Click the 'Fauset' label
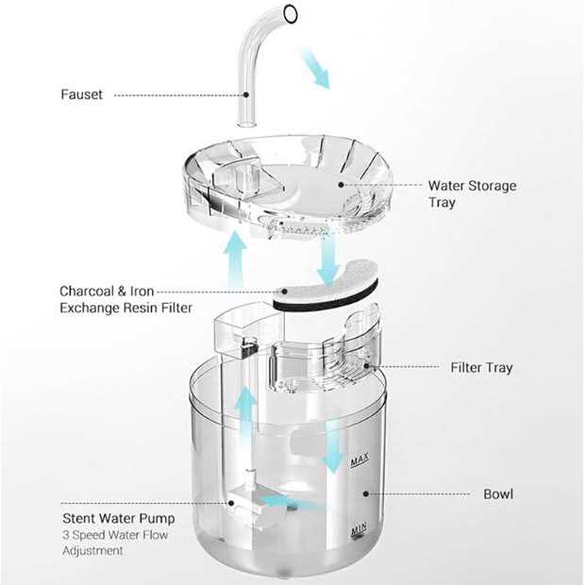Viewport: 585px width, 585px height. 81,94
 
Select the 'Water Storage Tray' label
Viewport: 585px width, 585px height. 473,194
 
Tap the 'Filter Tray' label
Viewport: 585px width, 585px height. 481,368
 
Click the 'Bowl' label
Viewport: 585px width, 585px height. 498,494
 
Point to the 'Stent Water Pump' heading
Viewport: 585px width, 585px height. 119,518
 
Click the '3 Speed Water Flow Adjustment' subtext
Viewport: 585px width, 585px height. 115,543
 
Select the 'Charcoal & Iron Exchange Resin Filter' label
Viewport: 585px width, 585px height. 125,300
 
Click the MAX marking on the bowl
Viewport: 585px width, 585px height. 359,460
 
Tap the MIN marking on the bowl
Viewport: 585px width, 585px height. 359,529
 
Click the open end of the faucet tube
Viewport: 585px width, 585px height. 291,14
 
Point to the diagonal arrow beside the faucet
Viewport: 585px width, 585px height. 316,68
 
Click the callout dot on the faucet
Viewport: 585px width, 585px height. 246,94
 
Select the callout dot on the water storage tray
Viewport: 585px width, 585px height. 341,185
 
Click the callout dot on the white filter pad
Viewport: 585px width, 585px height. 285,292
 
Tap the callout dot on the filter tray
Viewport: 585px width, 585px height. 366,366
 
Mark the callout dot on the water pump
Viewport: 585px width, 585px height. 231,503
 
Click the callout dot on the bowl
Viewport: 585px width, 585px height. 366,494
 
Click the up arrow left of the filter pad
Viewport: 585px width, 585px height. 236,259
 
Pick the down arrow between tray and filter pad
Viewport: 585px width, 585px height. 328,259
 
